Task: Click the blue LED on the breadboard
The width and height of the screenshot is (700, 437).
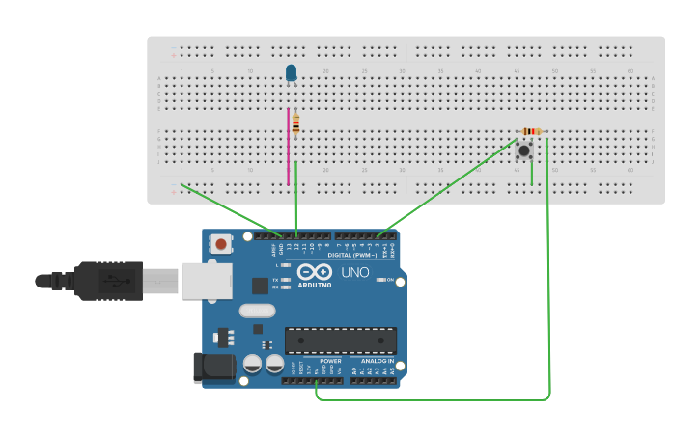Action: [x=291, y=73]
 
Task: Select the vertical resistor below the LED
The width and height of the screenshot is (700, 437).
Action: [x=295, y=123]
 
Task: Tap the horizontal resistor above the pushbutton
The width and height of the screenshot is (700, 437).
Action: [x=531, y=131]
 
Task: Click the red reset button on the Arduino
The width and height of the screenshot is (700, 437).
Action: [x=221, y=244]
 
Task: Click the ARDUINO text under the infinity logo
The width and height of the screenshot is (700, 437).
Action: [x=315, y=286]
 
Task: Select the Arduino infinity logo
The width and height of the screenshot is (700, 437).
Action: [x=315, y=272]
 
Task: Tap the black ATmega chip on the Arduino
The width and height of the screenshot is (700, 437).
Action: [x=340, y=341]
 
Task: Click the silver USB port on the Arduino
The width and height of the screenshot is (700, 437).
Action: [x=207, y=281]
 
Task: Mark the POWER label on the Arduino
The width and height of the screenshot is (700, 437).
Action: [x=330, y=361]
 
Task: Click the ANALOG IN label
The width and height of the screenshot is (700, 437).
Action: [x=378, y=361]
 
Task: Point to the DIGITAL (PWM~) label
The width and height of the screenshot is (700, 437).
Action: [x=352, y=255]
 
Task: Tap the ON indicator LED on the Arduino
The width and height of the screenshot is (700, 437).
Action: [x=381, y=280]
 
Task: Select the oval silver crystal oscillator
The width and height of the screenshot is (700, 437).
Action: [x=258, y=311]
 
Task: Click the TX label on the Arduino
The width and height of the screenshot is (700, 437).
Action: [x=275, y=280]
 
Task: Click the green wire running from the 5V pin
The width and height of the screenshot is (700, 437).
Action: [x=434, y=398]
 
